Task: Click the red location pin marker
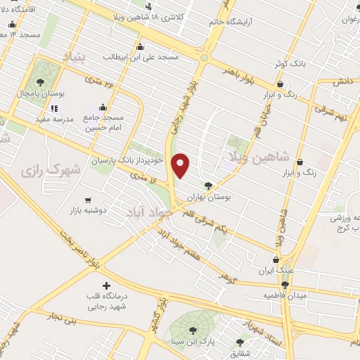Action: pos(182,165)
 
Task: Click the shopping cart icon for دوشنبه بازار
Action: pos(87,200)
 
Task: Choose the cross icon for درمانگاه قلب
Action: pos(106,285)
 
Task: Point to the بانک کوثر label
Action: pos(291,63)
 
